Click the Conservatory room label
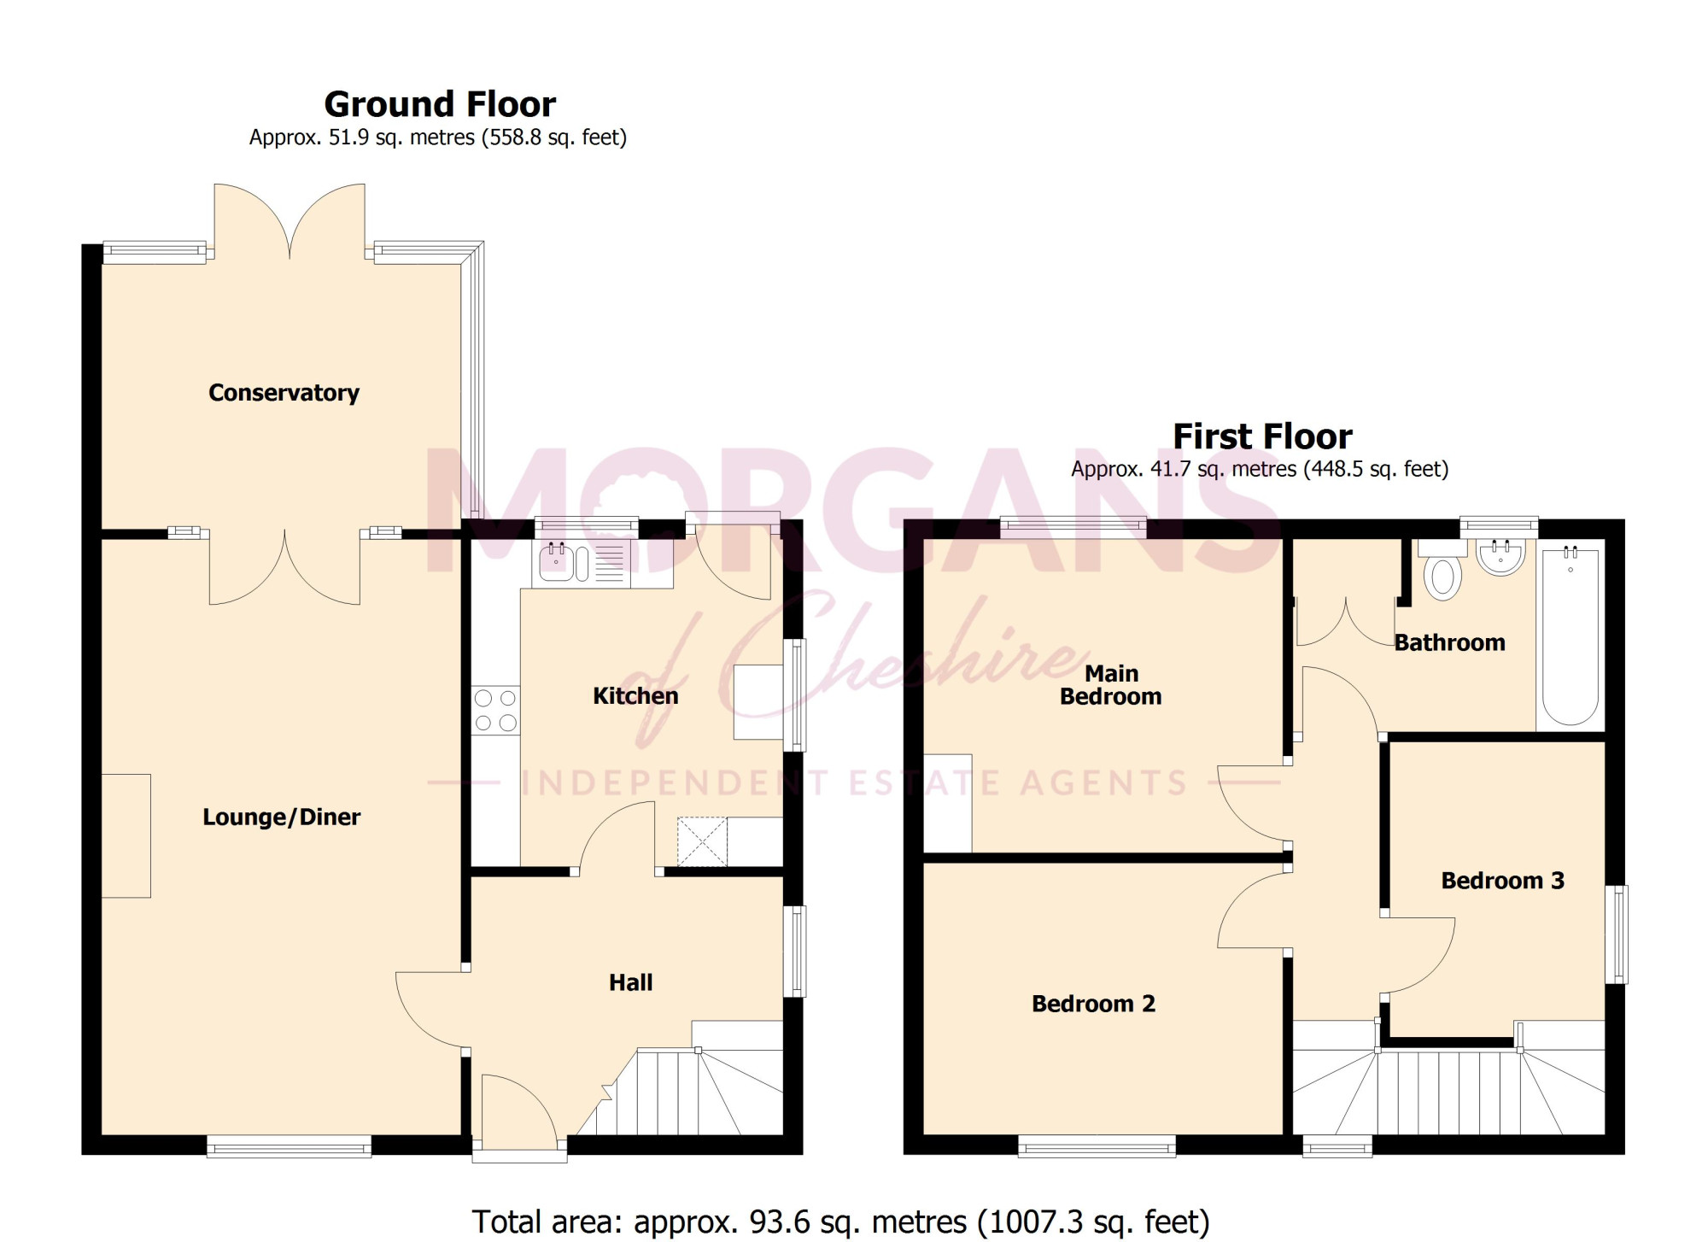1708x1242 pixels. [x=284, y=393]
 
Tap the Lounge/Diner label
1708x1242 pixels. [x=281, y=817]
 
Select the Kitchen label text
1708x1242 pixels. [x=635, y=696]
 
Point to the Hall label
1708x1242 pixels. [x=630, y=982]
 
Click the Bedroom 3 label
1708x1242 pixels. [x=1502, y=881]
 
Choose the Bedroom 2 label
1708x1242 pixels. [x=1093, y=1004]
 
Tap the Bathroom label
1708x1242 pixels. [x=1449, y=642]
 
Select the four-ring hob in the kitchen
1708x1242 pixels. [x=495, y=711]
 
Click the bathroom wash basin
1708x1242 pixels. [x=1500, y=557]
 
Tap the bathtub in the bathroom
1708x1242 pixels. [x=1571, y=636]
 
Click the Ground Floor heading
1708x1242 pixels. [x=440, y=104]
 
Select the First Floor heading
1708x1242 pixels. [x=1262, y=436]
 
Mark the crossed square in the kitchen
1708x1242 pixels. [x=702, y=842]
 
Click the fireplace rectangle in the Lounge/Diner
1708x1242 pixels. [x=126, y=835]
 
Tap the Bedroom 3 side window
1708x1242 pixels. [x=1617, y=934]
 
